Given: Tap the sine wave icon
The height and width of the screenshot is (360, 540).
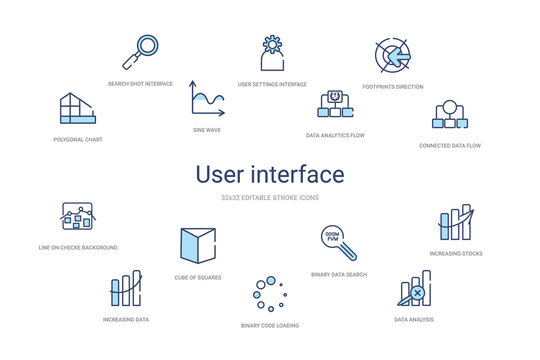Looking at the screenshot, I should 208,99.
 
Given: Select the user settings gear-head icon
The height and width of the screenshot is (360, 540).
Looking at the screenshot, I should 272,56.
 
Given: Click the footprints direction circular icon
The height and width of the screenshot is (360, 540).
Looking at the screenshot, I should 392,58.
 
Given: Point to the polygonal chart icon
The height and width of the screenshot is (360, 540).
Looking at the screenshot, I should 78,109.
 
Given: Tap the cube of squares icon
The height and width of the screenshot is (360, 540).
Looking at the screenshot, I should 196,246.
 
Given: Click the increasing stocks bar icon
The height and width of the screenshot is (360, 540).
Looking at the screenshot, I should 455,224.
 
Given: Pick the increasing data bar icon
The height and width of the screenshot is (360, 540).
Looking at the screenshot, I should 126,288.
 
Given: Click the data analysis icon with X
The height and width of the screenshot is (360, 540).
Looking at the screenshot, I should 415,290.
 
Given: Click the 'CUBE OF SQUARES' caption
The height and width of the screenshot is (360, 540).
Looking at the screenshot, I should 197,277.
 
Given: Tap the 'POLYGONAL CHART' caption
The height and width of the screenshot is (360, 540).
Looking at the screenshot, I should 78,140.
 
